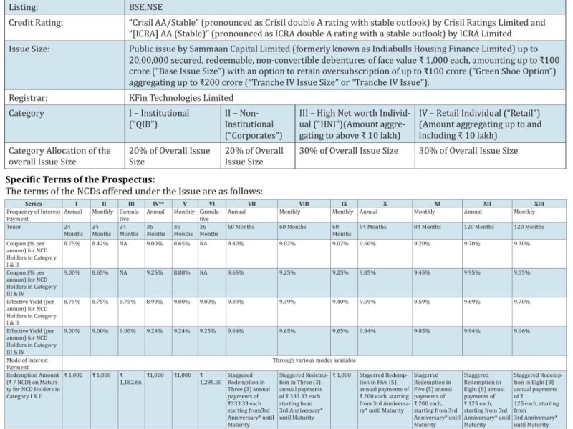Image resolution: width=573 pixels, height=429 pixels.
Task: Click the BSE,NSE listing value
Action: tap(151, 6)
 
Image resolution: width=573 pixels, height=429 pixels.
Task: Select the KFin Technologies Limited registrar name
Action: tap(181, 97)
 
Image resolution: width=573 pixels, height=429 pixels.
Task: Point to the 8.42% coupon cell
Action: tap(101, 243)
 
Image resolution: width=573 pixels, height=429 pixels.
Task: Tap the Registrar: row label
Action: tap(30, 97)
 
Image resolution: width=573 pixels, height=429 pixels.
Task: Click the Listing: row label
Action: tap(24, 6)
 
